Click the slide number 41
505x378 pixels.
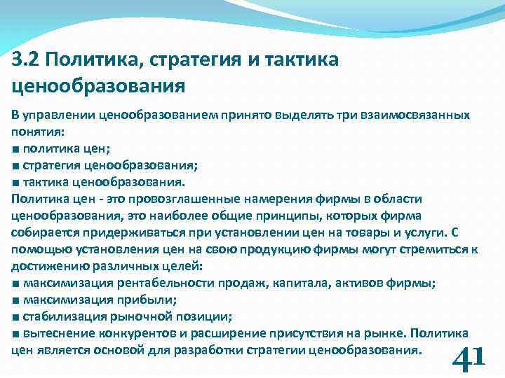point(469,358)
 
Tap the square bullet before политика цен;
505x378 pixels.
point(16,148)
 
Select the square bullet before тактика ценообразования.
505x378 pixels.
point(16,182)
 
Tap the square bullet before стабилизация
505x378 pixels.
point(16,316)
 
